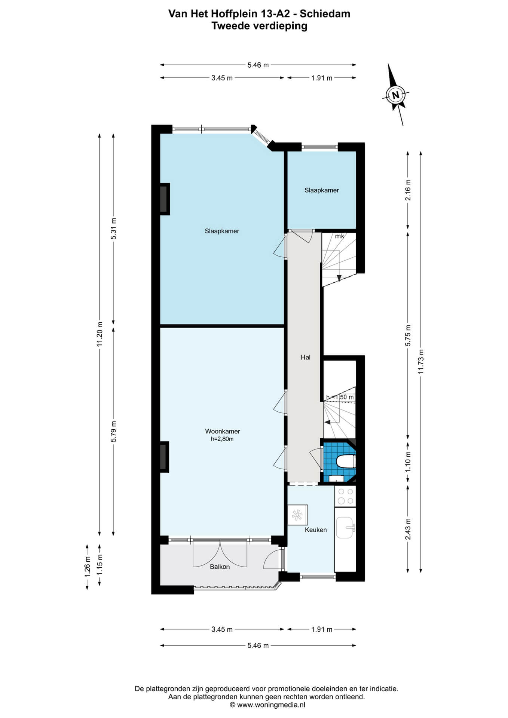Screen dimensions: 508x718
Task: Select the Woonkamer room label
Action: click(223, 431)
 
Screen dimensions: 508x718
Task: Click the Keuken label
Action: click(316, 530)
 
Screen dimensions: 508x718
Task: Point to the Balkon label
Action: click(220, 567)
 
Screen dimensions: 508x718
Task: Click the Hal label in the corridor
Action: click(306, 358)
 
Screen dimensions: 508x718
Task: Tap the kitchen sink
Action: click(345, 528)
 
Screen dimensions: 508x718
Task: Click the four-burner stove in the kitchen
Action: click(345, 496)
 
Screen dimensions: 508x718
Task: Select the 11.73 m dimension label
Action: click(421, 362)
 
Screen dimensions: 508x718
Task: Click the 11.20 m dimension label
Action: click(100, 334)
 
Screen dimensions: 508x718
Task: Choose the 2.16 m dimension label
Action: click(408, 190)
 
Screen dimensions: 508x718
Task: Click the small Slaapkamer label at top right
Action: click(322, 190)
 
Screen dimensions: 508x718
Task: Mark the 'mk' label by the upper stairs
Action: click(339, 236)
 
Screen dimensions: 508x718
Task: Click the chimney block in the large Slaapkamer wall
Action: click(164, 199)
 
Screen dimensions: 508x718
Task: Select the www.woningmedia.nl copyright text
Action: click(267, 705)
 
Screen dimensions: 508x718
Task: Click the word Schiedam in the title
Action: click(325, 14)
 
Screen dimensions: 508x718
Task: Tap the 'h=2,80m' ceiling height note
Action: click(222, 439)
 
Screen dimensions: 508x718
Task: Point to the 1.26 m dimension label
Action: click(88, 567)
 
